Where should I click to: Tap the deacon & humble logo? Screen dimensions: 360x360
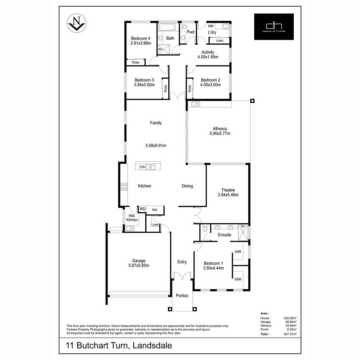(274, 27)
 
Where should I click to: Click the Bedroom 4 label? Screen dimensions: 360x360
(140, 38)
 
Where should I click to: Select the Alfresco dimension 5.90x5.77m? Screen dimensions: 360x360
(220, 133)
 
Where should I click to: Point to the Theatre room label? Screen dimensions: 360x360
(228, 190)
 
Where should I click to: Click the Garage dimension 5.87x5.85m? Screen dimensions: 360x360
(139, 265)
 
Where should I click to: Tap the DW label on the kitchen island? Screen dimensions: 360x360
(142, 167)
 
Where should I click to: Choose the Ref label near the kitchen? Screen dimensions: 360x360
(154, 210)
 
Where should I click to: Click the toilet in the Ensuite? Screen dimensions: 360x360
(205, 229)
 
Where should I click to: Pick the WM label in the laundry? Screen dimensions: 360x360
(211, 26)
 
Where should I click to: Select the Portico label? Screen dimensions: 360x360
(182, 295)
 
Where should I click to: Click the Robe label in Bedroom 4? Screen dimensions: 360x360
(135, 62)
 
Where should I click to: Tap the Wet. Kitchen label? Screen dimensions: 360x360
(132, 218)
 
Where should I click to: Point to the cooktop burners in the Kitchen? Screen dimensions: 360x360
(124, 187)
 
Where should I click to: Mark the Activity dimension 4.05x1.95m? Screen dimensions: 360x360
(208, 57)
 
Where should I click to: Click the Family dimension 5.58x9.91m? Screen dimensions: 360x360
(156, 145)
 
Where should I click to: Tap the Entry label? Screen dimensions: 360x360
(182, 262)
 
